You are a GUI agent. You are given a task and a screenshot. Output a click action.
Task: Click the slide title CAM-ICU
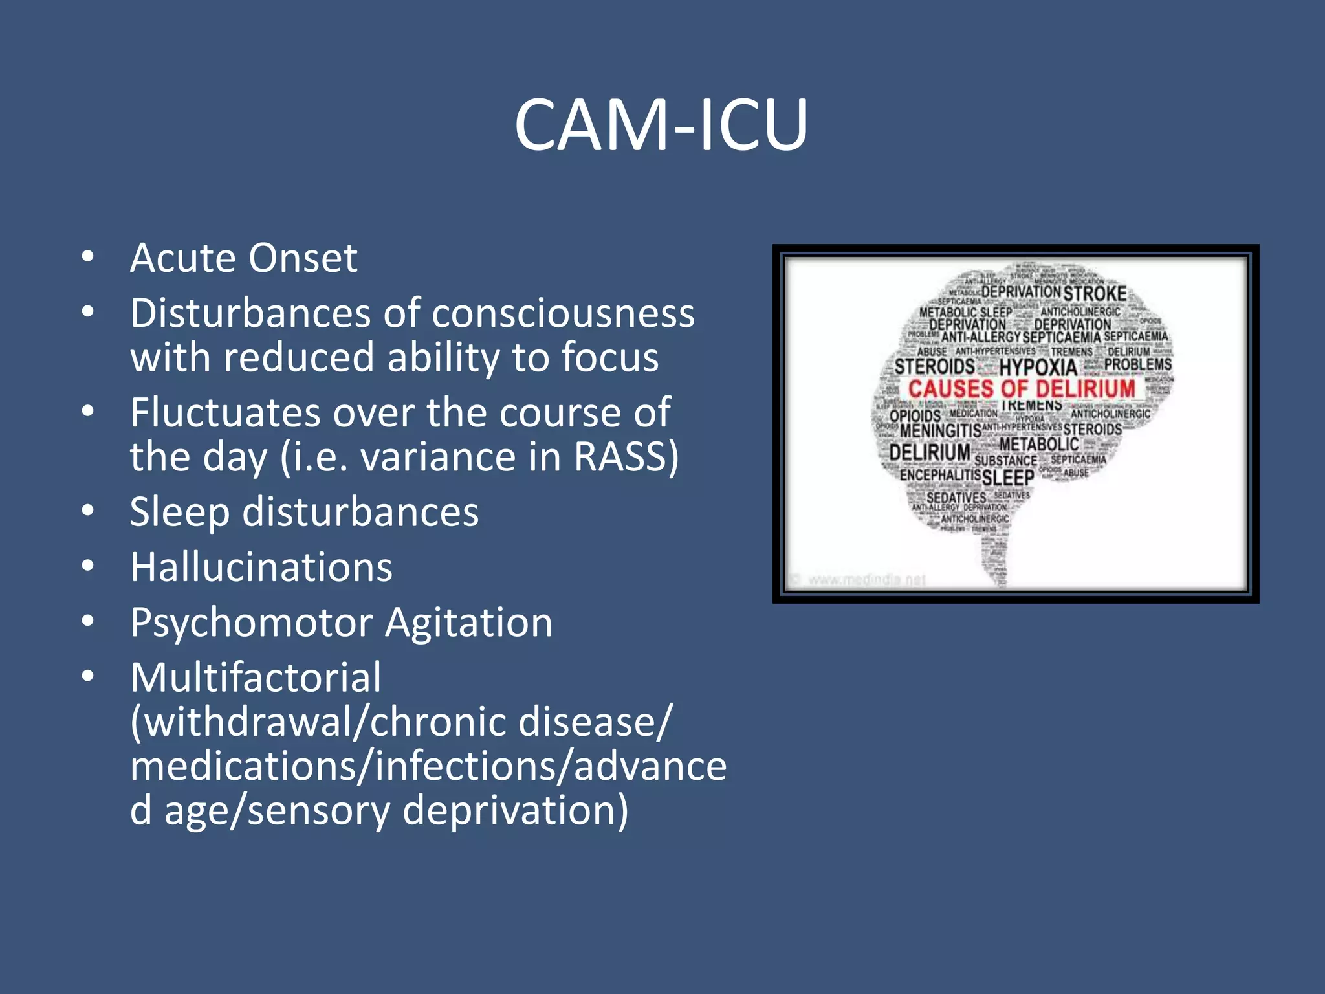661,124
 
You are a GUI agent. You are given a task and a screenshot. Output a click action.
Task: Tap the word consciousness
563,314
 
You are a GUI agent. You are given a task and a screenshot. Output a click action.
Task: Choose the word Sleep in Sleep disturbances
179,513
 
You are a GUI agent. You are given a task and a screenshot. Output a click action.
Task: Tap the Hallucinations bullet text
261,568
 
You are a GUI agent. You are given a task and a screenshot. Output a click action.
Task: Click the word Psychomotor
252,623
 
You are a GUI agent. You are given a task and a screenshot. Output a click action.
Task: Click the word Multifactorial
256,678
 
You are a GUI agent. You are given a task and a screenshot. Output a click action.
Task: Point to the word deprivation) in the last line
516,811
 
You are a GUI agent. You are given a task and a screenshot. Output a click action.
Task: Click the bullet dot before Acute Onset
88,256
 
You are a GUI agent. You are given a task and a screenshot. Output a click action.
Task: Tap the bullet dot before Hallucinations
88,566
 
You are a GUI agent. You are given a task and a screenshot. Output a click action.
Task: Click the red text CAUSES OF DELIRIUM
1022,389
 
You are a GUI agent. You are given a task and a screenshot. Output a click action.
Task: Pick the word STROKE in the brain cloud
1095,294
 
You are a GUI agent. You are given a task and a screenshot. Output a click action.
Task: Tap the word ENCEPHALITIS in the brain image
940,475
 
